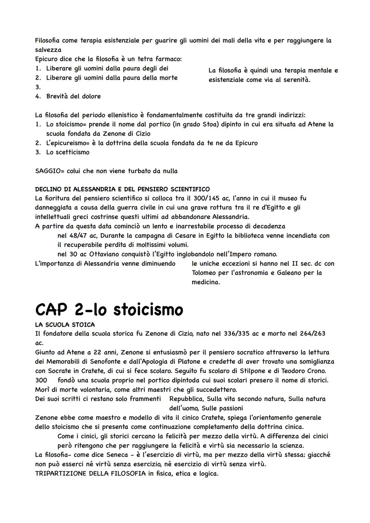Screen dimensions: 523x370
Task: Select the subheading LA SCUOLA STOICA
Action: pos(65,324)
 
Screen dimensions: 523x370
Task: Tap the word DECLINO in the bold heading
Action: pos(48,189)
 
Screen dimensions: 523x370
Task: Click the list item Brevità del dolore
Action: pos(73,96)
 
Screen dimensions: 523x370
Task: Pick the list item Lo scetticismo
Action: pos(67,152)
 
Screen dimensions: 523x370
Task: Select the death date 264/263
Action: pos(311,334)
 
